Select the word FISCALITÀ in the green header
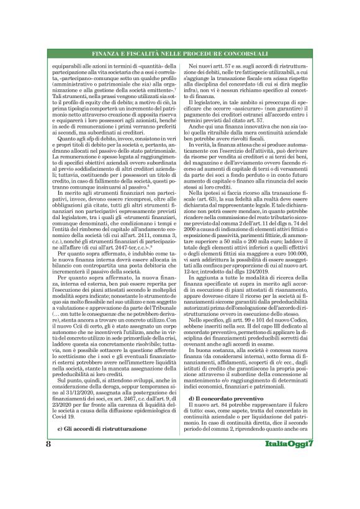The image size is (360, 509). click(146, 54)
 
